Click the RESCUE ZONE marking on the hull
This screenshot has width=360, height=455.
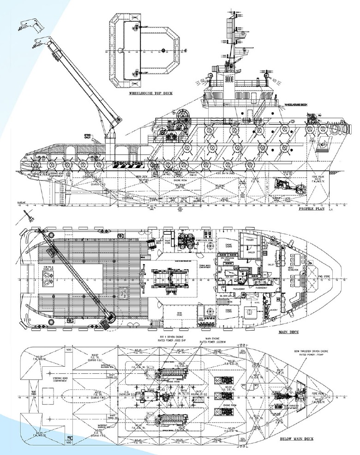(126, 164)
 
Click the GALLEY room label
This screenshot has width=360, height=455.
(272, 265)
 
